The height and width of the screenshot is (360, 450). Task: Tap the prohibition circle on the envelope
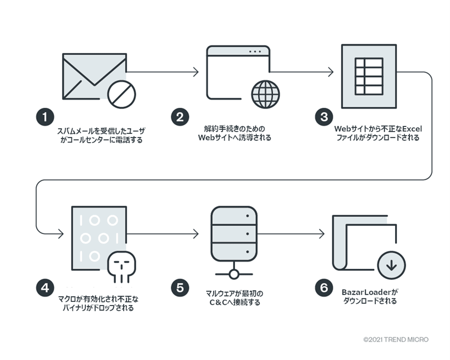(x=121, y=94)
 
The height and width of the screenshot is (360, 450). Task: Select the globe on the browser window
(x=265, y=94)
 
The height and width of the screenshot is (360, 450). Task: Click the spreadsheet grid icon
(x=369, y=76)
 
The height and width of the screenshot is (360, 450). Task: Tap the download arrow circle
(x=391, y=266)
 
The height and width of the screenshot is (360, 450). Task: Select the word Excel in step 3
(x=411, y=129)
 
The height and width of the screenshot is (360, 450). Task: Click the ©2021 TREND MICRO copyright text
(x=396, y=339)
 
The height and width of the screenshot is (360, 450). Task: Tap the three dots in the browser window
(x=255, y=51)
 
